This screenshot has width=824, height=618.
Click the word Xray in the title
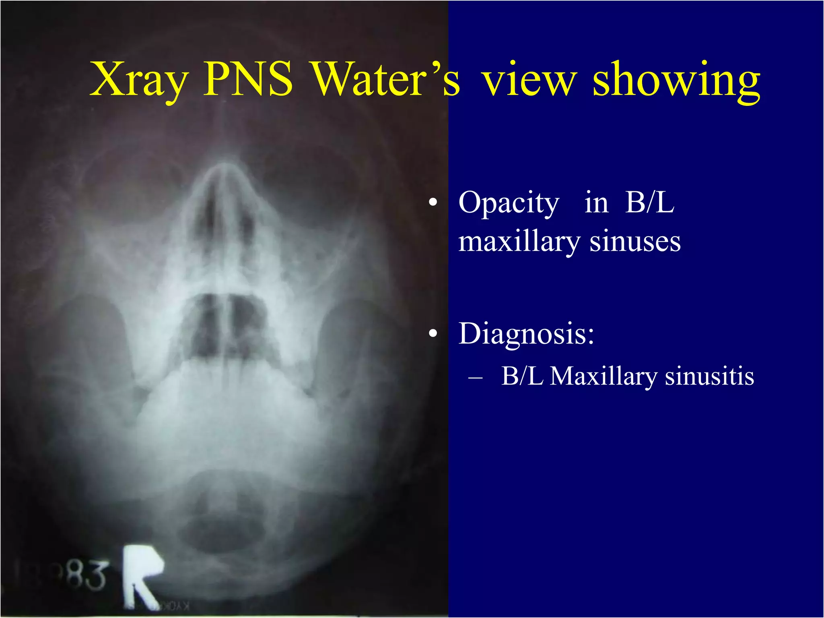tap(139, 81)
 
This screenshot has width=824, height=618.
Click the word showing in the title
tap(676, 81)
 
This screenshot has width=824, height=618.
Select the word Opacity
tap(509, 203)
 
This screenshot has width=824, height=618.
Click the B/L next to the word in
tap(649, 203)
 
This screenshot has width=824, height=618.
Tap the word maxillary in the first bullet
tap(519, 242)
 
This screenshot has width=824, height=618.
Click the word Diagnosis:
tap(526, 334)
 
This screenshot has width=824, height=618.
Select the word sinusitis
tap(709, 376)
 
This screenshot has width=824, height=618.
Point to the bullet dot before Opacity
tap(433, 203)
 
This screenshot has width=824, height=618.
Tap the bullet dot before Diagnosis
tap(433, 333)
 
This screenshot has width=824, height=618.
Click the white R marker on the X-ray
tap(141, 576)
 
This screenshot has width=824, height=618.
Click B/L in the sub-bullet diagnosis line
tap(522, 376)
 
